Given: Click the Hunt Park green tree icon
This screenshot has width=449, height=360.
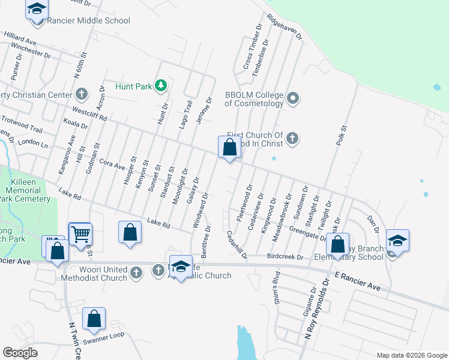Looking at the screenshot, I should coord(160,86).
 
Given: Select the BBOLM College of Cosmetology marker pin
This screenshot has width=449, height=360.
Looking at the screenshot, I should coord(293,97).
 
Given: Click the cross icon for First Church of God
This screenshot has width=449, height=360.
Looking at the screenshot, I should coord(292,139).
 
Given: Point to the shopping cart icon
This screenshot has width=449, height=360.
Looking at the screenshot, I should coord(80,233).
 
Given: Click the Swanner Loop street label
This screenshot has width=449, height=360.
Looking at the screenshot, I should coord(103,339).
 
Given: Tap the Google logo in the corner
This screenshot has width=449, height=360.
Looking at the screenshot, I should coord(20,353).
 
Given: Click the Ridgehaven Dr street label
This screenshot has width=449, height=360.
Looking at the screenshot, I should coord(283,27).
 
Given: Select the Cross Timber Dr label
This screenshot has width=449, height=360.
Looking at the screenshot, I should coord(252,45).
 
